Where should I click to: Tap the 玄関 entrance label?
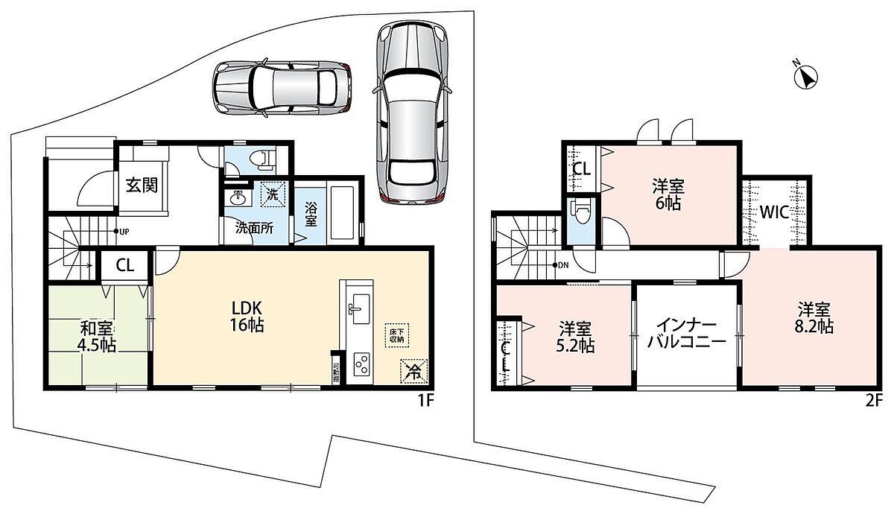click(142, 185)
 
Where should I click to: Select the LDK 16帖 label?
click(247, 317)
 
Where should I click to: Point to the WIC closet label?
click(774, 212)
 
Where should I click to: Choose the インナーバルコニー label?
click(686, 334)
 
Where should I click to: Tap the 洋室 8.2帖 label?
click(814, 318)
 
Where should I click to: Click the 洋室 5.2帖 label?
click(574, 337)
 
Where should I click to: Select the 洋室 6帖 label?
click(668, 195)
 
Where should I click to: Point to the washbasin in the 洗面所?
click(238, 197)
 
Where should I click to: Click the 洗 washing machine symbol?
click(273, 195)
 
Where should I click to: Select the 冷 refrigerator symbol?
click(414, 372)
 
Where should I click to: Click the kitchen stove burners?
click(362, 364)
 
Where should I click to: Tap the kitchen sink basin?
click(361, 310)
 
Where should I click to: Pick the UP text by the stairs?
click(124, 232)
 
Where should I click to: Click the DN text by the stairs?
click(563, 265)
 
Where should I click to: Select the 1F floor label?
click(425, 401)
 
